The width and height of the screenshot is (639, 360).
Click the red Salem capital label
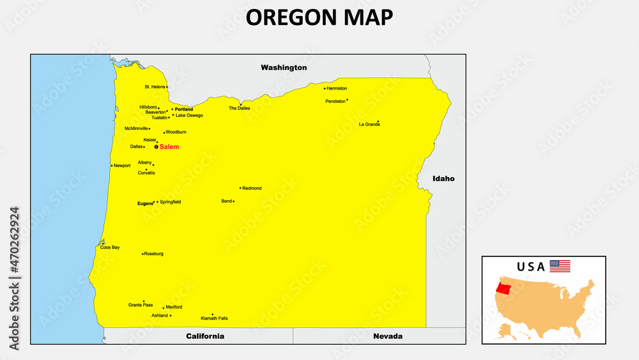pos(169,147)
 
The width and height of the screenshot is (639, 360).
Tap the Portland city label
pos(183,109)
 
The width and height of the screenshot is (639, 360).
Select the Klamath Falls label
pos(214,318)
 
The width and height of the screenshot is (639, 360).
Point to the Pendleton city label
pos(335,101)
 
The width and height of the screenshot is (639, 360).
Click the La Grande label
pos(369,124)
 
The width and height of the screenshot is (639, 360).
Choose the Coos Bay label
pos(110,247)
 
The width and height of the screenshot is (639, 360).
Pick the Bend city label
pos(226,201)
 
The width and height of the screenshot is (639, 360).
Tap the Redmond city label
pos(252,189)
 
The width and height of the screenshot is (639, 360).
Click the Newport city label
pos(122,166)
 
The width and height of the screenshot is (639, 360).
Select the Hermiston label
pos(337,88)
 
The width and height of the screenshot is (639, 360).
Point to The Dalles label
pos(240,108)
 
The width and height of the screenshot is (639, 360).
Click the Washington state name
pos(284,67)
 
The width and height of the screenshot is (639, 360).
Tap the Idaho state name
pos(443,178)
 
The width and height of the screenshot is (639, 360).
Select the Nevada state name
pos(388,336)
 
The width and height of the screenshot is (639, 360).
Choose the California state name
pos(205,336)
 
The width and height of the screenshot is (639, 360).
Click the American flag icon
pos(560,266)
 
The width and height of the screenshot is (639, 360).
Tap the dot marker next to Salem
pos(156,146)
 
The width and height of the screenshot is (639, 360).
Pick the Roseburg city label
pos(153,254)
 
